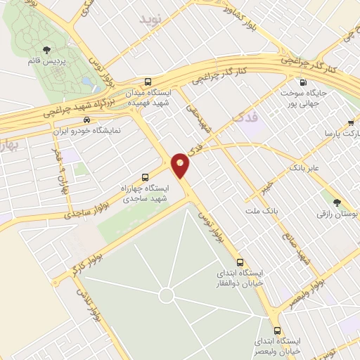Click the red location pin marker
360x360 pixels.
pos(181,165)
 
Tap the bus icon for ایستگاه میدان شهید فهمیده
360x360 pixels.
pos(148,81)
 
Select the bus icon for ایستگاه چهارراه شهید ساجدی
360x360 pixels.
pos(146,176)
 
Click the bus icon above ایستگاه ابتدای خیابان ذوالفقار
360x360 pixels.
pos(240,259)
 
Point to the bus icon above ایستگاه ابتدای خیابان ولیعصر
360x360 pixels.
pos(277,330)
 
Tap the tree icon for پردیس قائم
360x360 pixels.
pos(47,49)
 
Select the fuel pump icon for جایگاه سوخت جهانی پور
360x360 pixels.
pos(302,82)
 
